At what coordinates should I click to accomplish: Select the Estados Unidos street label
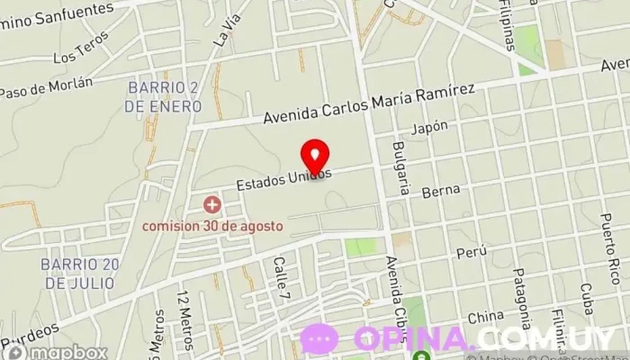(x=284, y=179)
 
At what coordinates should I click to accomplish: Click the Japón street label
(x=429, y=128)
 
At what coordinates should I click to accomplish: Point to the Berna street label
(x=446, y=190)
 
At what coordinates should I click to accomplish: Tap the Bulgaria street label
(x=400, y=167)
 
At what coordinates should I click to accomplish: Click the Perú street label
(x=464, y=253)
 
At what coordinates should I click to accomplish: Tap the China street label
(x=485, y=317)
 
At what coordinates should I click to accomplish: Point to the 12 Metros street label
(x=185, y=311)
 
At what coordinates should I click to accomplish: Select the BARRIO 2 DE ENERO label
(x=162, y=95)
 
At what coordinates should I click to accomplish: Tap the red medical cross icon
(x=212, y=205)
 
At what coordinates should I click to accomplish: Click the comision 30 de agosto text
(x=212, y=225)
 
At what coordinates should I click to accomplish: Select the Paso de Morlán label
(x=46, y=87)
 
